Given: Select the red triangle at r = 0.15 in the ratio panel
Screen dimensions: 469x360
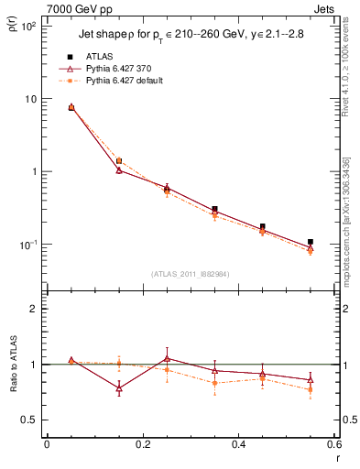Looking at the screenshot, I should (x=119, y=388).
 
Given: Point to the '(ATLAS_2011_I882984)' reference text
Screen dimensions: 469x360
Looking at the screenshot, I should (x=191, y=274).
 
